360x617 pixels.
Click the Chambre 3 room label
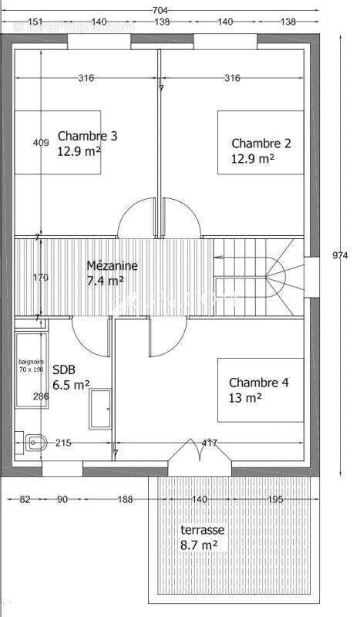(87, 137)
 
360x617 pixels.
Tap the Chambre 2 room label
(261, 143)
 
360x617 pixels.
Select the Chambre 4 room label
(258, 383)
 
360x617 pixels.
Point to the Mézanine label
(112, 265)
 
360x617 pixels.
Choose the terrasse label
(202, 531)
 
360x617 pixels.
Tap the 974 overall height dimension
(341, 254)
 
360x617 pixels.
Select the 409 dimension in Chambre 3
(41, 143)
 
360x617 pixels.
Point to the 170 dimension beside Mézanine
(41, 277)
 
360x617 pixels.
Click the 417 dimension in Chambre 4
(208, 443)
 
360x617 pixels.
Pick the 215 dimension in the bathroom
(63, 443)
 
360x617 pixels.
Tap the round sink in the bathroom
(33, 442)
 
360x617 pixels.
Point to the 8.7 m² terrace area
(198, 545)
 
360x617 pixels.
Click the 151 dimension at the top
(35, 22)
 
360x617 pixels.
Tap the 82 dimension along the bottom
(25, 500)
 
